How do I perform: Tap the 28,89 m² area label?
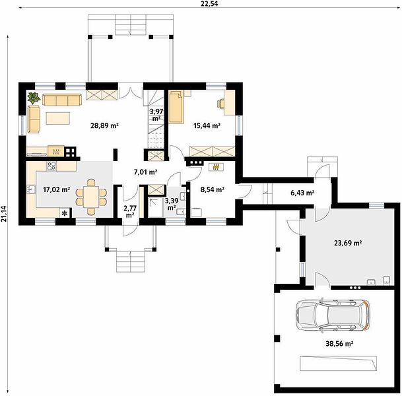pyautogui.click(x=104, y=125)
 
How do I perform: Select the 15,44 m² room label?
pyautogui.click(x=207, y=125)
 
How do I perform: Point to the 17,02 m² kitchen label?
pyautogui.click(x=57, y=189)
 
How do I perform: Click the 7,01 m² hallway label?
pyautogui.click(x=145, y=172)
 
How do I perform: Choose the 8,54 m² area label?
pyautogui.click(x=213, y=189)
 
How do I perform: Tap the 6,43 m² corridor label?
pyautogui.click(x=302, y=193)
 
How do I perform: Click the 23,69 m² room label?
pyautogui.click(x=348, y=243)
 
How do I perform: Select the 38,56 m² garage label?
pyautogui.click(x=339, y=343)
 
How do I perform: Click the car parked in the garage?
pyautogui.click(x=333, y=315)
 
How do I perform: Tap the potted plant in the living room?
pyautogui.click(x=34, y=98)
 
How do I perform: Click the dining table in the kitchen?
pyautogui.click(x=91, y=197)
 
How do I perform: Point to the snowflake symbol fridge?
pyautogui.click(x=65, y=213)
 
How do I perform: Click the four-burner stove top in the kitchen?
pyautogui.click(x=51, y=166)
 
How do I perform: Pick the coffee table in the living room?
pyautogui.click(x=57, y=118)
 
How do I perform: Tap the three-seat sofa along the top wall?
pyautogui.click(x=62, y=100)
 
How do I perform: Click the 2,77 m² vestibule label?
pyautogui.click(x=130, y=212)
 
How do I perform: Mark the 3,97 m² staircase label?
pyautogui.click(x=156, y=115)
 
